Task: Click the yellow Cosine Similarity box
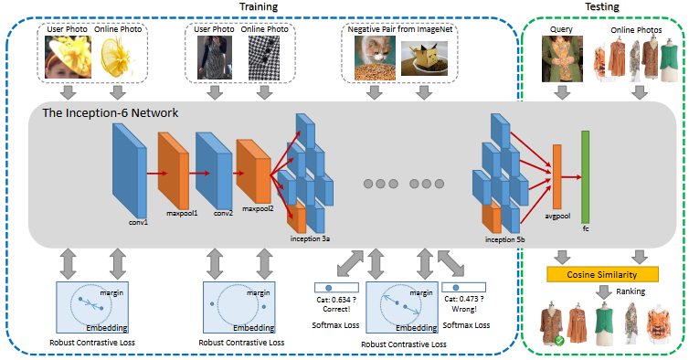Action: [x=602, y=274]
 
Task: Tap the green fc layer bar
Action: [x=586, y=176]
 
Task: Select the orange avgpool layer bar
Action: [x=556, y=176]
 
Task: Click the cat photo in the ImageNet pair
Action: [x=375, y=58]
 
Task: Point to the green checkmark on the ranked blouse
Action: [x=559, y=340]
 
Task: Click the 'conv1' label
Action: [x=138, y=222]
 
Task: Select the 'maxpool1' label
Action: [x=182, y=213]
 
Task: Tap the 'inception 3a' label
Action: [x=310, y=238]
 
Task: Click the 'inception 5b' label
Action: [x=505, y=239]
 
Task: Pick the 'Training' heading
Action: [x=259, y=6]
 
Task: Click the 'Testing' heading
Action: [x=602, y=6]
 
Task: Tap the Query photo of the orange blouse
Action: [x=562, y=58]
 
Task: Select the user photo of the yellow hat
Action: [x=69, y=58]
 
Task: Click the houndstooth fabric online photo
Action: [x=264, y=58]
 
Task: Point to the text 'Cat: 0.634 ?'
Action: [x=336, y=300]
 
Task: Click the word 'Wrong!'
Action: [x=464, y=309]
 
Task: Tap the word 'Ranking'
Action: [x=631, y=291]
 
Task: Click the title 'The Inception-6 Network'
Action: [x=111, y=113]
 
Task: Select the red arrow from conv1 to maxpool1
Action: [x=157, y=174]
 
